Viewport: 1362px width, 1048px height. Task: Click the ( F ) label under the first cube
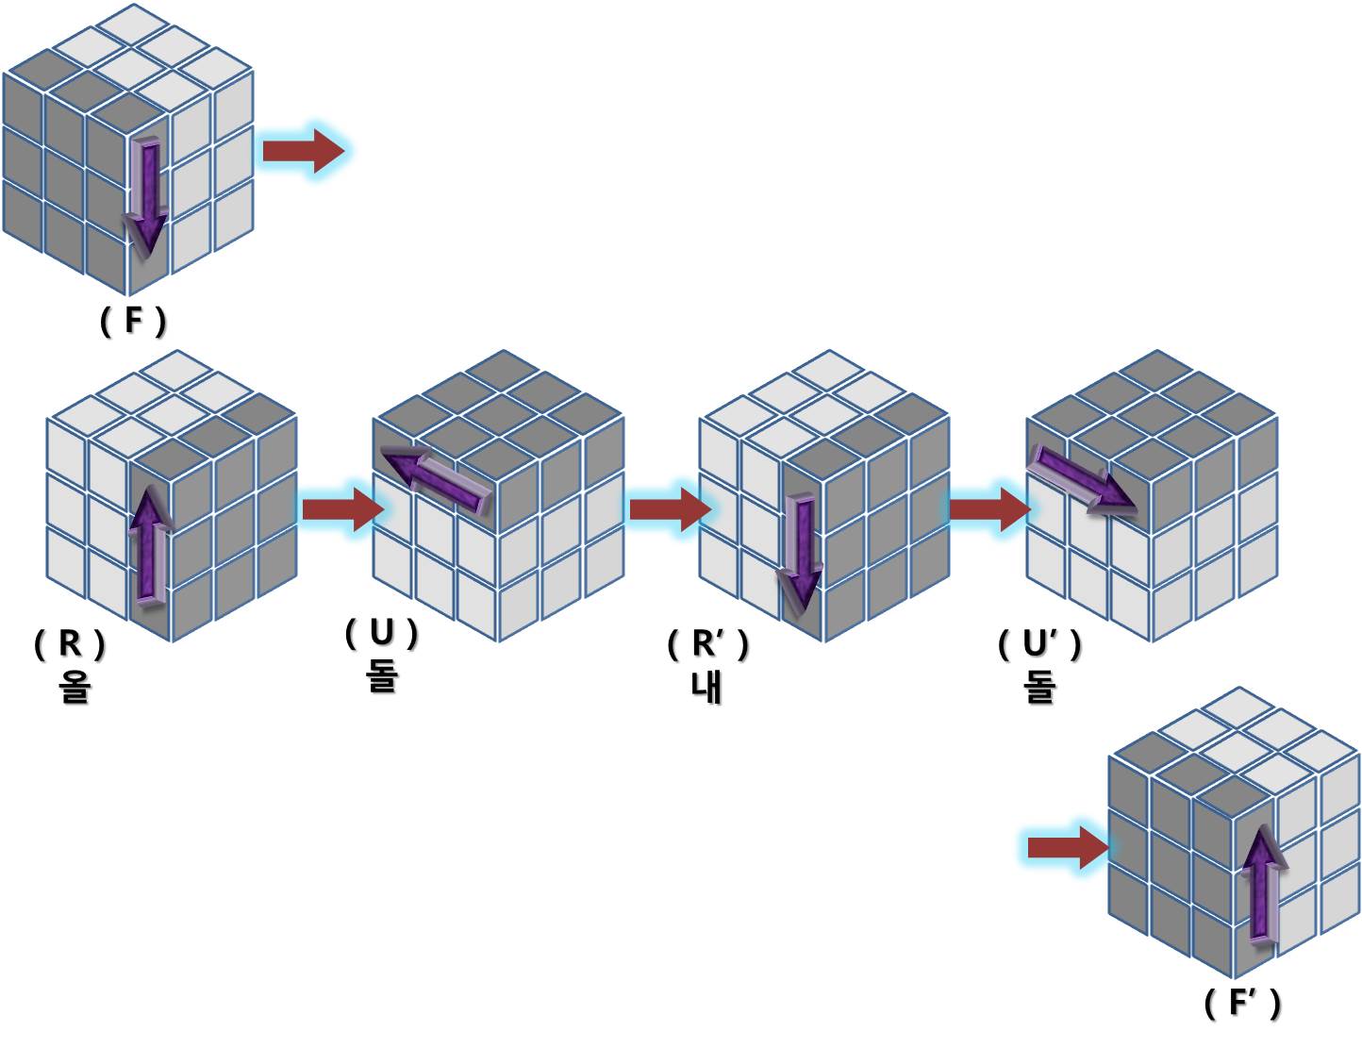pyautogui.click(x=133, y=322)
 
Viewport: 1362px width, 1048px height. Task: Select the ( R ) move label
pyautogui.click(x=70, y=644)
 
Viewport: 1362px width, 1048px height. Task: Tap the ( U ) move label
pyautogui.click(x=381, y=633)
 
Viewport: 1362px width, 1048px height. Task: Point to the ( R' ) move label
pyautogui.click(x=707, y=644)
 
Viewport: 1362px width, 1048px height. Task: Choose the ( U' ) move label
pyautogui.click(x=1039, y=644)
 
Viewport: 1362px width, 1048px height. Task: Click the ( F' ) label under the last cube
pyautogui.click(x=1242, y=1003)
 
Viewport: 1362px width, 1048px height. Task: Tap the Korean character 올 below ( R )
pyautogui.click(x=74, y=686)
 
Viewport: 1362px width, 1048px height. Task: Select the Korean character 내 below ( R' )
pyautogui.click(x=706, y=687)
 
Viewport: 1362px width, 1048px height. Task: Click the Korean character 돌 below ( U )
pyautogui.click(x=381, y=674)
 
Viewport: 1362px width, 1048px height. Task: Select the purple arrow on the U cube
pyautogui.click(x=436, y=478)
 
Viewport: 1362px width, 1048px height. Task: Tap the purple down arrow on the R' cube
pyautogui.click(x=801, y=551)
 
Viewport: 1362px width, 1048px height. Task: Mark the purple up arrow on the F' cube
pyautogui.click(x=1263, y=884)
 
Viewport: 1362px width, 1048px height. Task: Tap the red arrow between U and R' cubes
pyautogui.click(x=668, y=509)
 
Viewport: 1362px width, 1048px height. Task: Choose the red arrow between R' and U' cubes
pyautogui.click(x=988, y=509)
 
